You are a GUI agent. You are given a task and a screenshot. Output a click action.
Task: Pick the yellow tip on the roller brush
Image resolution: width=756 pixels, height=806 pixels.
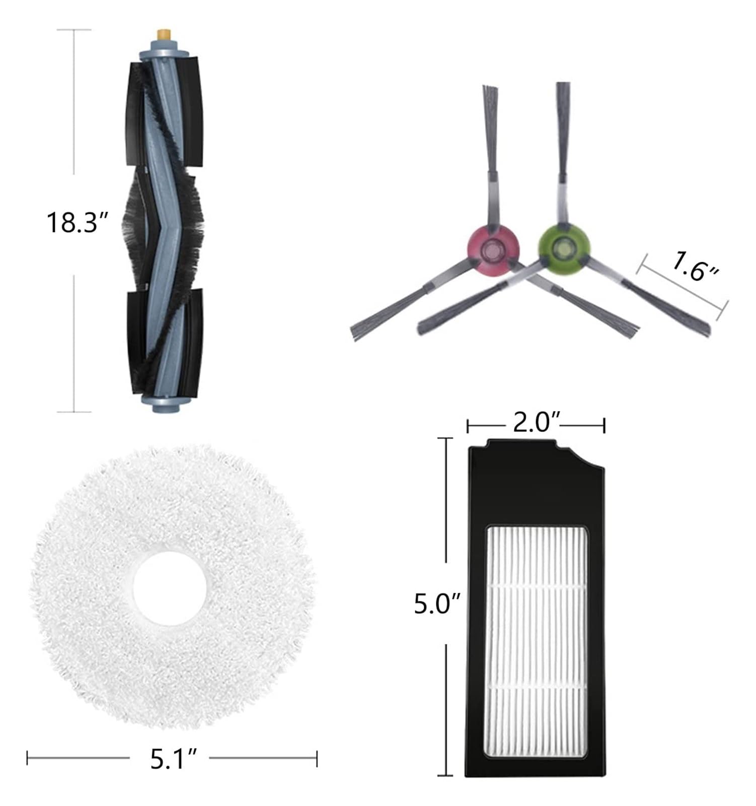[163, 35]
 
